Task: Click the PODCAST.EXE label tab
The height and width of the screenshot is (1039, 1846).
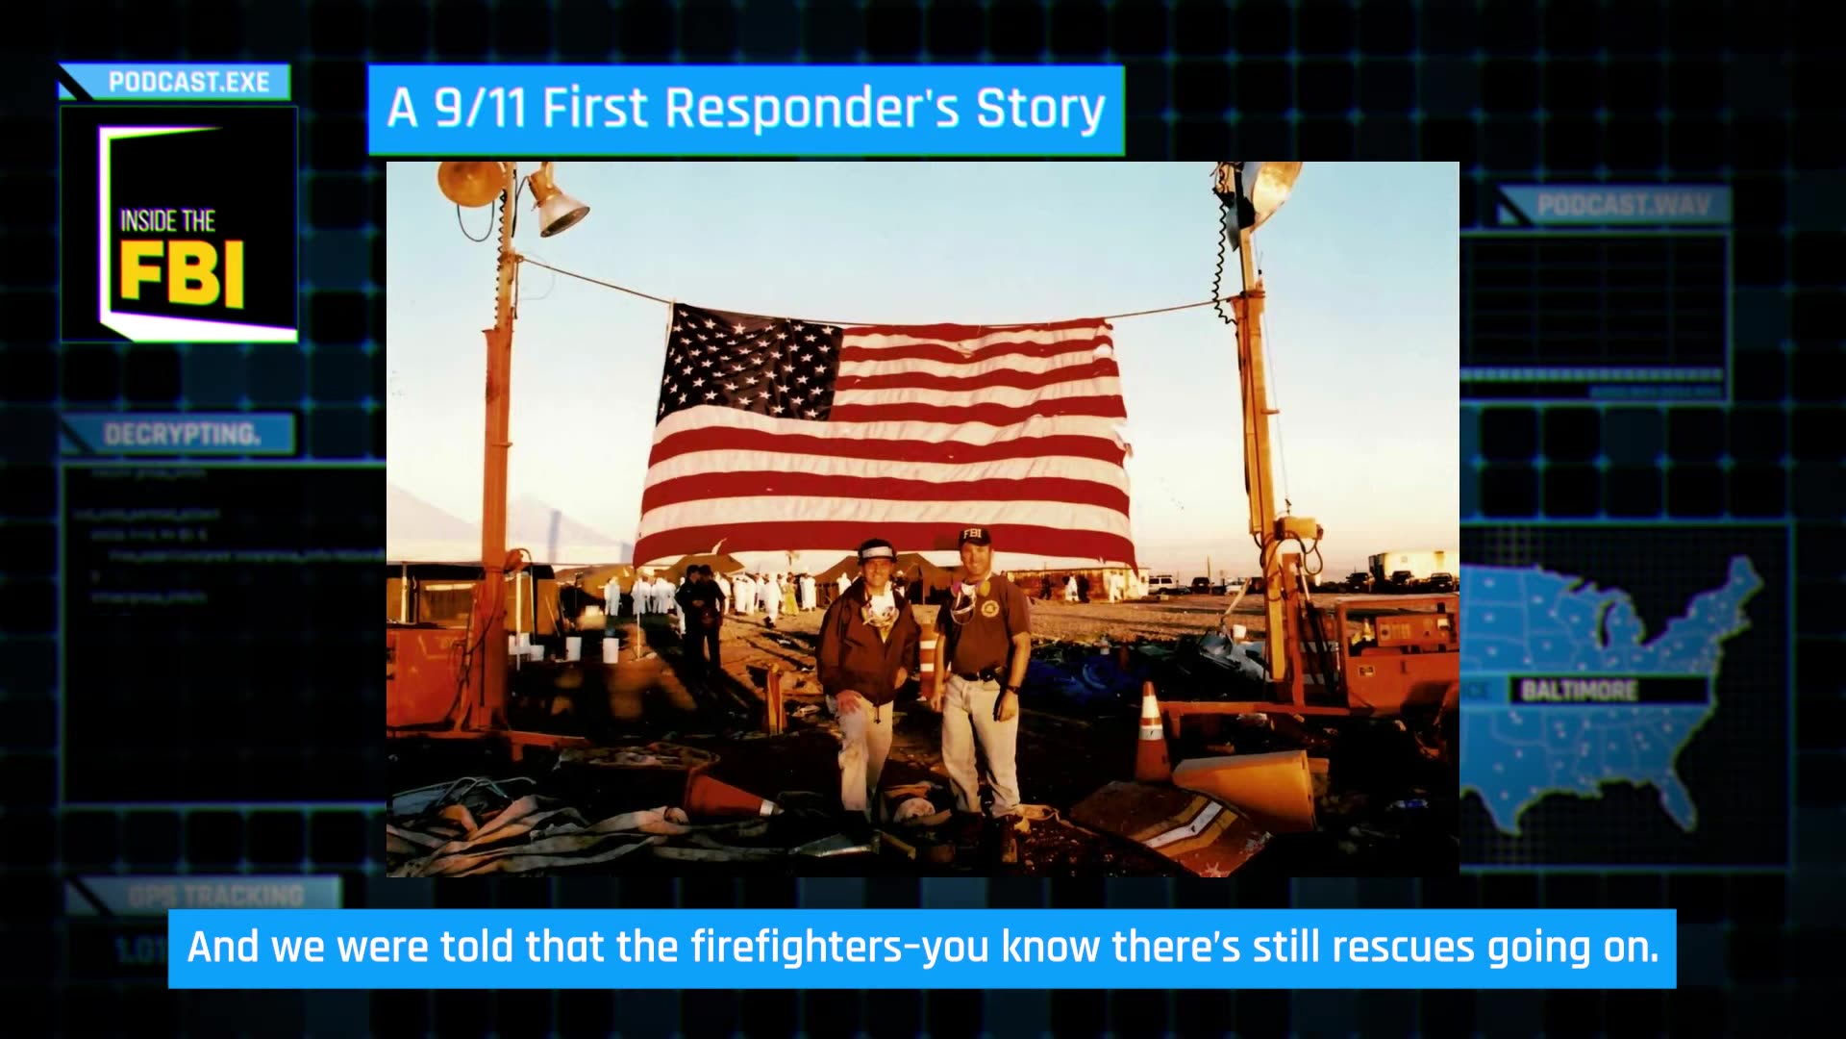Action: pyautogui.click(x=188, y=83)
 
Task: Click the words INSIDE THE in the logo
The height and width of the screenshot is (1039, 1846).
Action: pyautogui.click(x=167, y=221)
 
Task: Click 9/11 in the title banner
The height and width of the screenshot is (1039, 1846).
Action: pyautogui.click(x=481, y=108)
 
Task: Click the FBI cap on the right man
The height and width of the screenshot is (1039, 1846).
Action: pyautogui.click(x=974, y=537)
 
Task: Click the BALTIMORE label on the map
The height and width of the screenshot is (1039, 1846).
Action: pyautogui.click(x=1579, y=691)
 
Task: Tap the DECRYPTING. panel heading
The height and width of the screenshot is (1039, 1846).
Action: pyautogui.click(x=182, y=435)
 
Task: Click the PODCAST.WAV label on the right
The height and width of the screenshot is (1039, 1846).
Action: pyautogui.click(x=1623, y=205)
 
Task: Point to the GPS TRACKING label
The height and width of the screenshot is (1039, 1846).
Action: pyautogui.click(x=216, y=896)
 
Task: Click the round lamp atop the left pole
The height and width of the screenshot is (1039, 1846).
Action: pyautogui.click(x=471, y=183)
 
